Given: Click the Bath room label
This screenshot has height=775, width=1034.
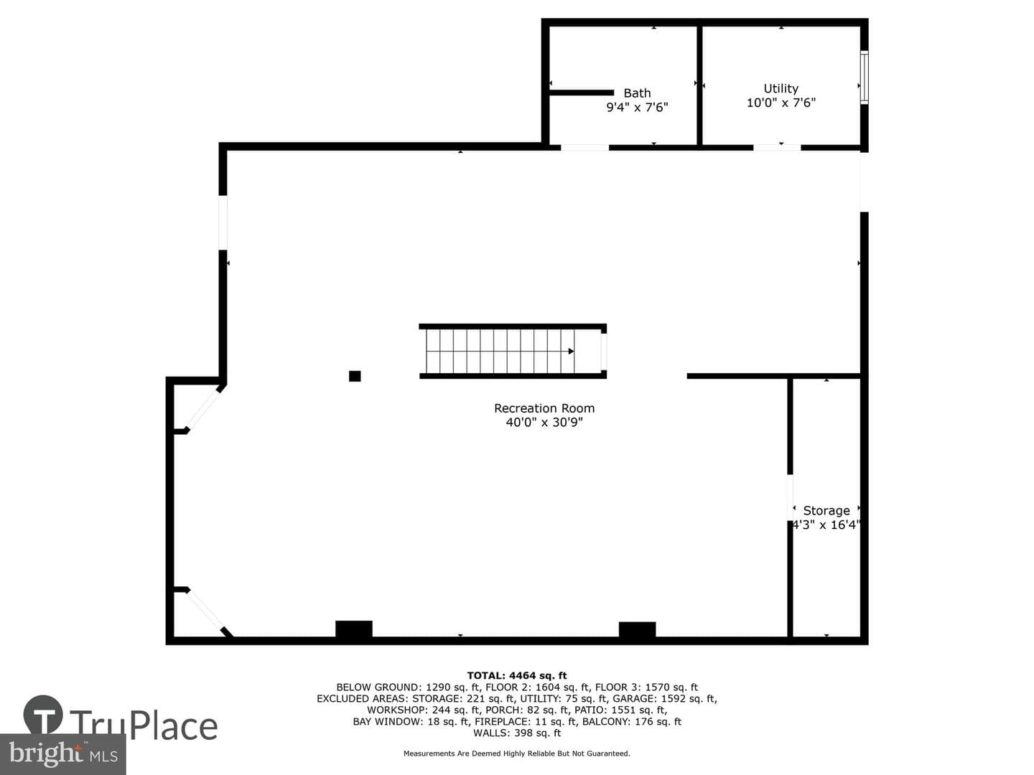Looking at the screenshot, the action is coord(637,93).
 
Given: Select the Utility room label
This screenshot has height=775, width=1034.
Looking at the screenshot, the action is coord(781,88).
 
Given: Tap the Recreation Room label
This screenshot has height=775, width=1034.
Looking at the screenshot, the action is coord(544,408).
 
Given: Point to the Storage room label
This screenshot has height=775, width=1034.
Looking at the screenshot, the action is coord(826,510).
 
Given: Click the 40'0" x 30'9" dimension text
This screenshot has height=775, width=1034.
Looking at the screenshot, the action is coord(544,422).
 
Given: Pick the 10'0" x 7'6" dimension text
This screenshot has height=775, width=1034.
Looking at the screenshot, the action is coord(781,103).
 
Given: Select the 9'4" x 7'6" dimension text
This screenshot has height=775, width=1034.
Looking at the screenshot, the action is coord(637,108).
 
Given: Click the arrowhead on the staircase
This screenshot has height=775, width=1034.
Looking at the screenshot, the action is coord(571,351).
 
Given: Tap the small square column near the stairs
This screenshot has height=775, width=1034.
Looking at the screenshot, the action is coord(355,376).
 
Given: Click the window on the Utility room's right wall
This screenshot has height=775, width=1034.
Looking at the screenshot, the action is coord(864,77).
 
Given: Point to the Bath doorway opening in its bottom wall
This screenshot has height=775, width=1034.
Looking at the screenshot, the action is coord(584,148).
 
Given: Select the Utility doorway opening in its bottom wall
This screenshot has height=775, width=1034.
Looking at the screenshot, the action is coord(777,148).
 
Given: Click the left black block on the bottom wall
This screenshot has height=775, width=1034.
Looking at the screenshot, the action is coord(354,629).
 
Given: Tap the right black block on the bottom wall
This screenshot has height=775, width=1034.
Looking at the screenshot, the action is coord(637,629).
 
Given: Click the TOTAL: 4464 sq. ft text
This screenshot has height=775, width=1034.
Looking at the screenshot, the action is coord(517,676).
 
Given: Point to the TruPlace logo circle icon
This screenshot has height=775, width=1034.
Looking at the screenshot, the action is coord(43,715).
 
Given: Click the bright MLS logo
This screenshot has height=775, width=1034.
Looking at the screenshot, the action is coord(63,754).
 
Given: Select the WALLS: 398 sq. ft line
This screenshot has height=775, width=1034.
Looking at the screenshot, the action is coord(517,733).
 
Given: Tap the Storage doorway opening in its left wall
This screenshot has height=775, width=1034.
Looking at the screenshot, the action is coord(790,497).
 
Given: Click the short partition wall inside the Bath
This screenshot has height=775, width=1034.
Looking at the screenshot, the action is coord(582,93).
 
